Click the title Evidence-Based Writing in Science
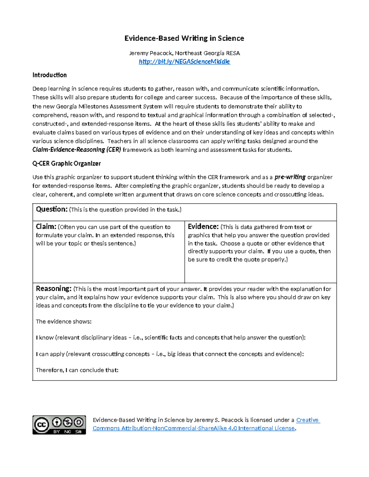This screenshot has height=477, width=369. (184, 38)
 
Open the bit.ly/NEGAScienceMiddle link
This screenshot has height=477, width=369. (184, 61)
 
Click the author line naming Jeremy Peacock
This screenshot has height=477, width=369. (184, 53)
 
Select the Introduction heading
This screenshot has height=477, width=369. (50, 75)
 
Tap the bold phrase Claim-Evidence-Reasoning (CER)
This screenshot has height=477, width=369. (77, 150)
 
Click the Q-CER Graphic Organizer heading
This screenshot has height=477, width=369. (66, 163)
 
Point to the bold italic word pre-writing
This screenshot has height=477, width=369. (290, 177)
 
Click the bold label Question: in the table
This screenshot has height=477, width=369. (51, 209)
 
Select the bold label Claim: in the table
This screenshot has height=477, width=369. (46, 227)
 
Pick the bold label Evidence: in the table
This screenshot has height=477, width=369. (203, 227)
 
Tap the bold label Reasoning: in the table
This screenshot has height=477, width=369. (54, 289)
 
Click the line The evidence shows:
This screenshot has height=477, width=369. (64, 322)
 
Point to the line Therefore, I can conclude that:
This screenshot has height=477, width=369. (77, 370)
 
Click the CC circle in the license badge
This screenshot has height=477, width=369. (42, 425)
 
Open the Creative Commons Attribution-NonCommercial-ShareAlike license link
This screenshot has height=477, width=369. (194, 428)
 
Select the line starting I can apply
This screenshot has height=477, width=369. (169, 354)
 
